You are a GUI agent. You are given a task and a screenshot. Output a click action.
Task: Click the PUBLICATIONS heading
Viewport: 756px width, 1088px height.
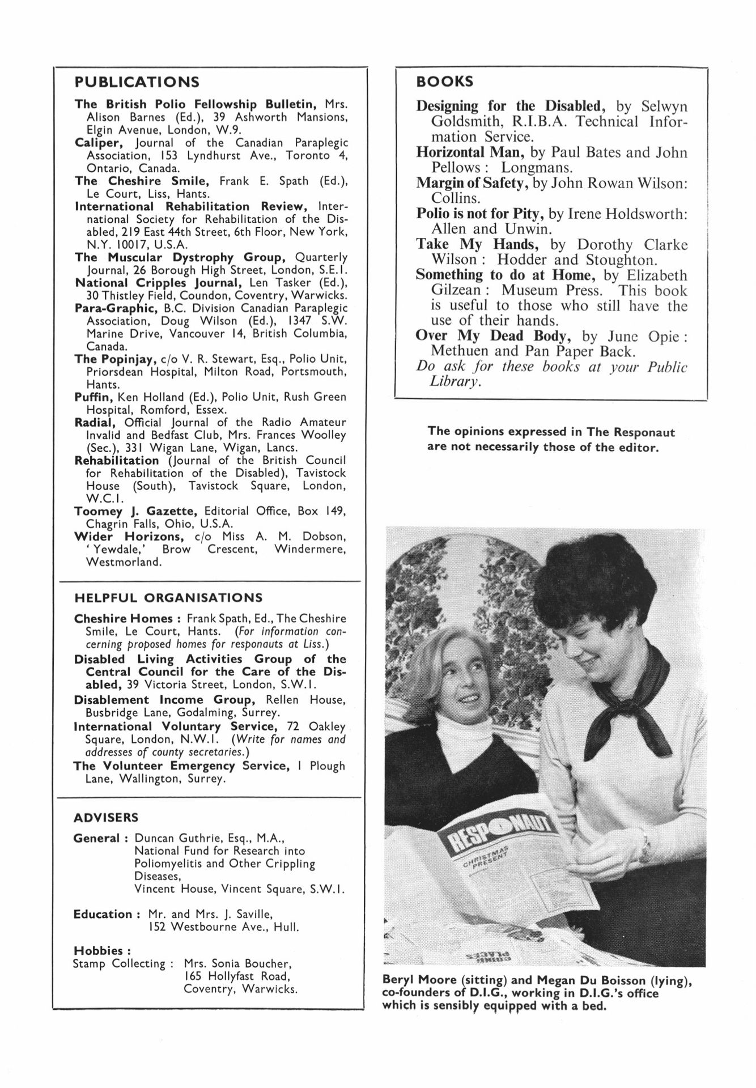[x=137, y=82]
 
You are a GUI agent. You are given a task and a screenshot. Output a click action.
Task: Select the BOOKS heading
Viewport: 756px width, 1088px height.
[x=444, y=82]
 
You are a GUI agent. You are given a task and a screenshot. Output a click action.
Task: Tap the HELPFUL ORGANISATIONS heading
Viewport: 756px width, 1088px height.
[x=168, y=598]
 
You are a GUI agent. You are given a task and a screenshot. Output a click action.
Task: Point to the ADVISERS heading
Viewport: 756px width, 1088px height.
[x=105, y=818]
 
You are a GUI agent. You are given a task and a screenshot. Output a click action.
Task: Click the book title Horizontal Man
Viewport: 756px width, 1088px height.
[x=470, y=152]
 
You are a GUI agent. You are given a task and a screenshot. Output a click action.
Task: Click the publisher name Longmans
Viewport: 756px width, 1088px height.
[x=536, y=168]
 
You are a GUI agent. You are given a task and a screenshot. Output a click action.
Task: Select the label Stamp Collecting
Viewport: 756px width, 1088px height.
[x=118, y=963]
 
